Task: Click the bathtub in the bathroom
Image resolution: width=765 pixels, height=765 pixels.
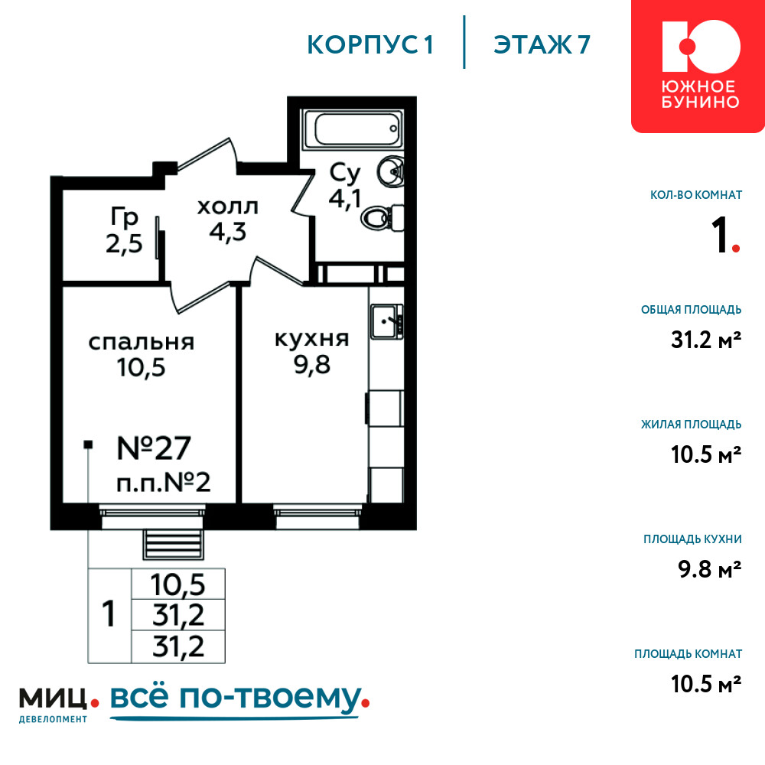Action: (353, 129)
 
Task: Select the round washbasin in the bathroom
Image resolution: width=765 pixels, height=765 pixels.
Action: (390, 171)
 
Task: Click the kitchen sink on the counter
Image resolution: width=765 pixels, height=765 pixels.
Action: (387, 321)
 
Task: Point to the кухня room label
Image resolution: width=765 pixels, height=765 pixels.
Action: (312, 339)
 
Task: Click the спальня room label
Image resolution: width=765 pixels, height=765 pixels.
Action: (142, 343)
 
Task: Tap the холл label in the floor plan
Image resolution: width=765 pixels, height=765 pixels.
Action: (228, 207)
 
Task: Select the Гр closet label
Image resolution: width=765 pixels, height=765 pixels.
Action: (125, 217)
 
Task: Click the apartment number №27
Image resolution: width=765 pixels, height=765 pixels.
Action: (154, 448)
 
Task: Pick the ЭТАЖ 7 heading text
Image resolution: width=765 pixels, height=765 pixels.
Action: (542, 45)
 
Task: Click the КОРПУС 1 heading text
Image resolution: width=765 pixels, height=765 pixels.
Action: (370, 45)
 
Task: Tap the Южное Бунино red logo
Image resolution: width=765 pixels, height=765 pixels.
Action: (698, 67)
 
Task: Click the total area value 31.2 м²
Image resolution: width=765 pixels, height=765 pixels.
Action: (706, 340)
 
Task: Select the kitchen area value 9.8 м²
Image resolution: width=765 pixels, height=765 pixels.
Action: (709, 569)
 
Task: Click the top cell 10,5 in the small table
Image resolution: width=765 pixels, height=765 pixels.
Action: (178, 584)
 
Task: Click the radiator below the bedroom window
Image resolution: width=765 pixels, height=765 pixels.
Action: (173, 544)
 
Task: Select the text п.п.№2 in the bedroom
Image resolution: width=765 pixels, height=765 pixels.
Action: (164, 483)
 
